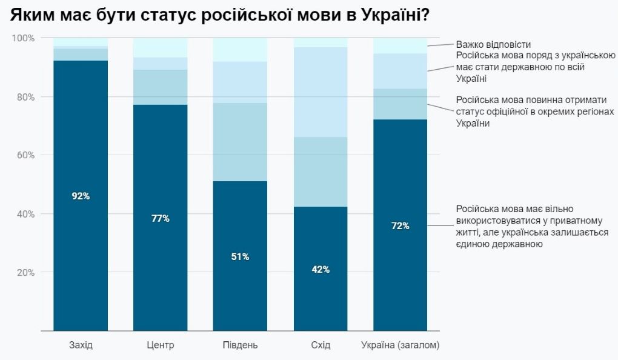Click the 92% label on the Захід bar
[x=81, y=196]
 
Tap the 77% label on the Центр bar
[x=161, y=218]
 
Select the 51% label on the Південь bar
[x=240, y=256]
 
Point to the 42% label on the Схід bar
[x=321, y=269]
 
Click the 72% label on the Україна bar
[x=400, y=225]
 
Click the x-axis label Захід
[x=81, y=345]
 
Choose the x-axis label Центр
[x=161, y=345]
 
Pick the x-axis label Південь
[x=240, y=345]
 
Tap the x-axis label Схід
[x=321, y=345]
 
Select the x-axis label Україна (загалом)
[x=400, y=345]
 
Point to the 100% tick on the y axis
[x=23, y=38]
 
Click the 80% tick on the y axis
[x=25, y=97]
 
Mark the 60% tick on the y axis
[x=25, y=155]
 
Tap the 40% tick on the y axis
[x=25, y=214]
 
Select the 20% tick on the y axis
[x=25, y=273]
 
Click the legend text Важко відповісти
[x=493, y=44]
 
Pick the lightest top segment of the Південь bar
[x=240, y=50]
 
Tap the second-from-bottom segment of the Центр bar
[x=161, y=87]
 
